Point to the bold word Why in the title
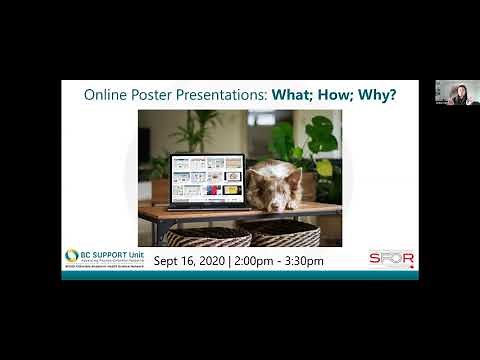379,96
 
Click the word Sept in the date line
171,261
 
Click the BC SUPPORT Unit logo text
106,255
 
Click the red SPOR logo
391,258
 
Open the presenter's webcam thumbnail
457,93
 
